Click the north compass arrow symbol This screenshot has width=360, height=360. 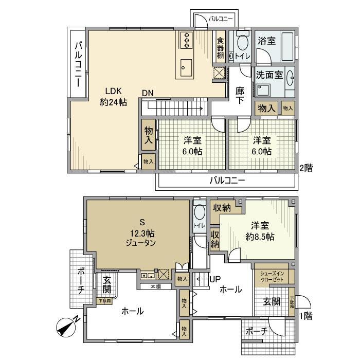pos(65,326)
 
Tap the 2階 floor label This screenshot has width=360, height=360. pos(307,168)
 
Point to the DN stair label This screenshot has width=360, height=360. pos(148,94)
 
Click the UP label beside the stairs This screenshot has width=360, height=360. pos(214,279)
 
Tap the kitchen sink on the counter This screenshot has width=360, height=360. pos(186,66)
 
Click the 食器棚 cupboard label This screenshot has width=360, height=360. pos(220,48)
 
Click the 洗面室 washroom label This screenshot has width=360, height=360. pos(269,75)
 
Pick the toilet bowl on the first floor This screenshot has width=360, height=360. pos(199,213)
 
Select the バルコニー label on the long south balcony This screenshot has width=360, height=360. pos(227,181)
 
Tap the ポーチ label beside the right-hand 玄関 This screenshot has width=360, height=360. pos(256,332)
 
